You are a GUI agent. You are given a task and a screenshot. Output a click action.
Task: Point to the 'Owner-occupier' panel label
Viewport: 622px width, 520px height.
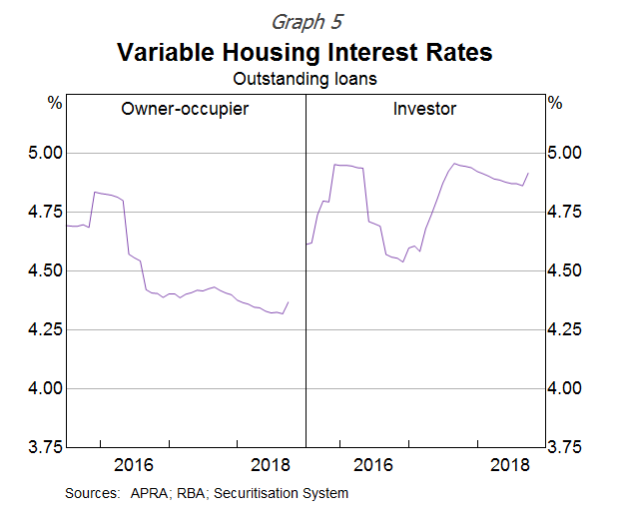[184, 108]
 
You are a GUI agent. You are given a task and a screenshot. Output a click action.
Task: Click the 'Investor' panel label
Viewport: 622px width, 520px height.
[424, 108]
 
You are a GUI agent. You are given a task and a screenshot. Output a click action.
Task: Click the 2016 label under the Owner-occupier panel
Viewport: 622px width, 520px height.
[134, 465]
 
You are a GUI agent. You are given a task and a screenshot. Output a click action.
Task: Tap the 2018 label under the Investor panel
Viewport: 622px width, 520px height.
[512, 465]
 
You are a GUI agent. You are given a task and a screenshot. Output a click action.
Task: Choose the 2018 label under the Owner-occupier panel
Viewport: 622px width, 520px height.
[271, 465]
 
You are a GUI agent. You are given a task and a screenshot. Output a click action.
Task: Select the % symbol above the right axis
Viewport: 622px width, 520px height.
[554, 103]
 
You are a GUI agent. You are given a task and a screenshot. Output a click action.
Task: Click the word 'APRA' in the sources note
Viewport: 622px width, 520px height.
[145, 493]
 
